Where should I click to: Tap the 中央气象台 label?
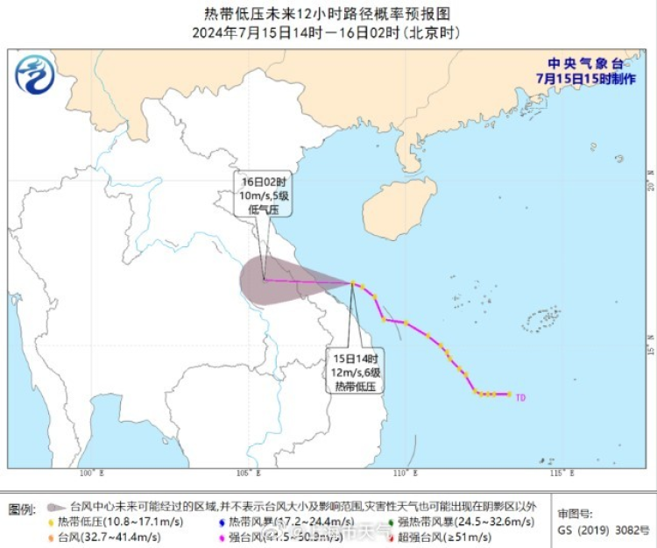pos(585,64)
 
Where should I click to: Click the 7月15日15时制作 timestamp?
pos(585,78)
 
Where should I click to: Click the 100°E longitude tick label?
pos(91,474)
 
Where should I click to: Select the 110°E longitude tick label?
pos(403,474)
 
